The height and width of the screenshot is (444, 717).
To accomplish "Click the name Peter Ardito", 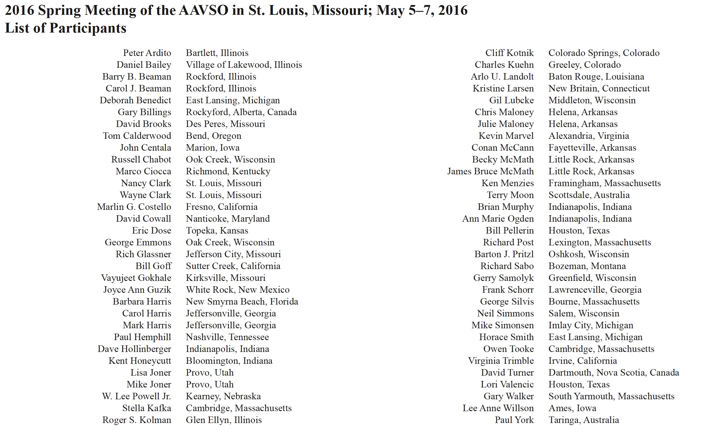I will coord(147,53).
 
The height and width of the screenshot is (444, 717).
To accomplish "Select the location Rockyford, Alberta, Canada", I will coord(241,112).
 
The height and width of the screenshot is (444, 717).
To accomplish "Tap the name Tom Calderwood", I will coord(137,136).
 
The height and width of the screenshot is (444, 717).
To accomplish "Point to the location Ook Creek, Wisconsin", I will coord(230,160).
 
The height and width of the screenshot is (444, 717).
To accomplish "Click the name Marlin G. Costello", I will coord(134,207).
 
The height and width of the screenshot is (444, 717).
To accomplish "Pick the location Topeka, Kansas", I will coord(217,231).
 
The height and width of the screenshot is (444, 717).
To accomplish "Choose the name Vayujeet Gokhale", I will coord(136,278).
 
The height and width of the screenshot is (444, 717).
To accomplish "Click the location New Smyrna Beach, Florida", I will coord(242,302).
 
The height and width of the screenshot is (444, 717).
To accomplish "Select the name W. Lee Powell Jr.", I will coord(136,396).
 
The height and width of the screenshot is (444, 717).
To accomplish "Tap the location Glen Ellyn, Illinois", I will coord(224,420).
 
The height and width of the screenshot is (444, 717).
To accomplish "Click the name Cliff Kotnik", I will coord(509,53).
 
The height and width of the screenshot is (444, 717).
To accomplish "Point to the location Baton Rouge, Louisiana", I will coord(596,77).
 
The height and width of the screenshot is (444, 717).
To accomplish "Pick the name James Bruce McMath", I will coord(490,171).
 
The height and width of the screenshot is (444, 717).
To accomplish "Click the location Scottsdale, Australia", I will coord(589,195).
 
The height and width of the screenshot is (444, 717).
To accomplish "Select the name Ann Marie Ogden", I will coord(498,219).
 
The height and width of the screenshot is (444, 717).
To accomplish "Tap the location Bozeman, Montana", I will coord(587,266).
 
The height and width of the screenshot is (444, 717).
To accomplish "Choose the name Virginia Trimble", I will coord(501,361).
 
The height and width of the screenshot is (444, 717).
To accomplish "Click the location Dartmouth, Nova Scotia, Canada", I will coord(613,373).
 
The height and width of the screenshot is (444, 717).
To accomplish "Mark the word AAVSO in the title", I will coord(204,11).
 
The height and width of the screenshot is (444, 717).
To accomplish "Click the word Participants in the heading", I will coord(88,28).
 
